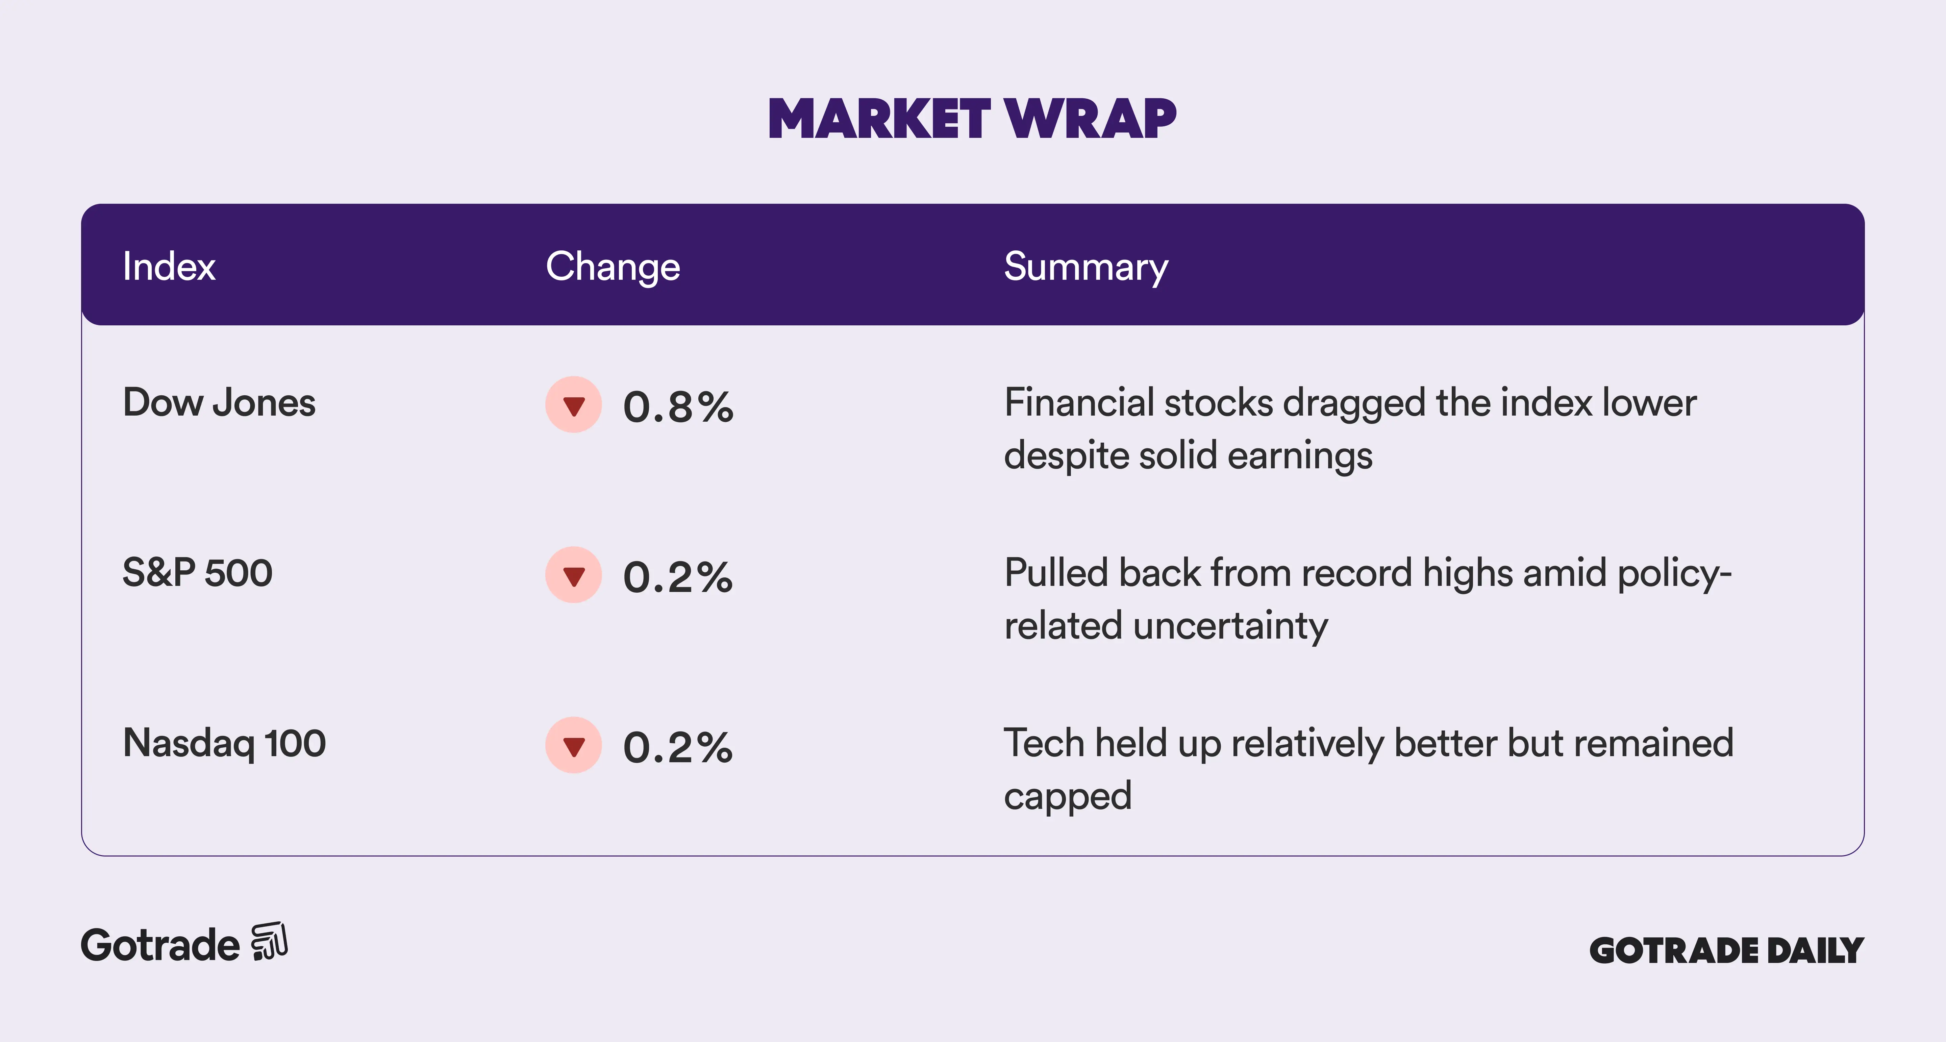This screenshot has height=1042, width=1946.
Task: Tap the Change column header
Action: pos(613,267)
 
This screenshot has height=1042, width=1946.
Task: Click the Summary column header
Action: pos(1086,267)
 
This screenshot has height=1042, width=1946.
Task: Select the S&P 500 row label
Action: pos(197,573)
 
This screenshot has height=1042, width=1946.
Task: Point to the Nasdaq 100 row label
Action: pos(224,744)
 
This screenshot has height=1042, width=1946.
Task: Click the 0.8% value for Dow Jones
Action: pos(678,407)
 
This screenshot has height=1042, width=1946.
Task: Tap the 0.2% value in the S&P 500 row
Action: pos(678,577)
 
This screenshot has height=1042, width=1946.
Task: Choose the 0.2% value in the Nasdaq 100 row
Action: pos(678,748)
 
